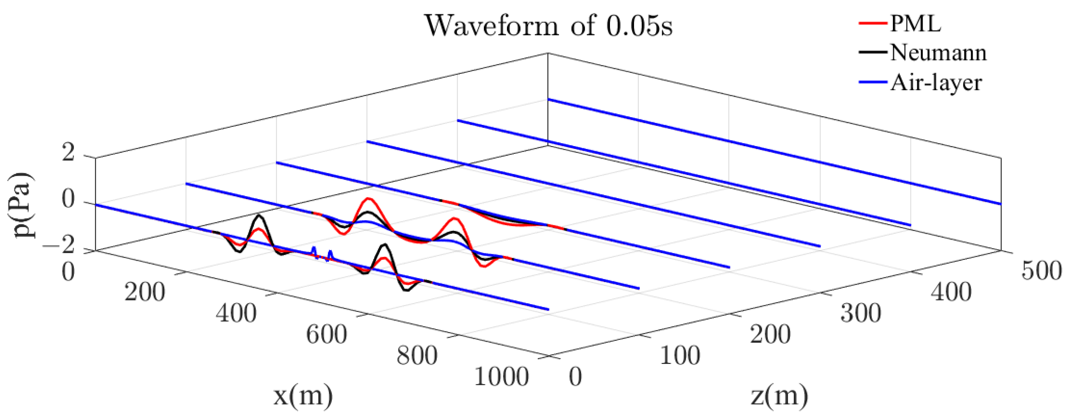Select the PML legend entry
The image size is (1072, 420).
(915, 24)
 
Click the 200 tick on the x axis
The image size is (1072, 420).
(145, 292)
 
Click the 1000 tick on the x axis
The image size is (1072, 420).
(501, 377)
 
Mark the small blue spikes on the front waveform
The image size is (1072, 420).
(322, 253)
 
